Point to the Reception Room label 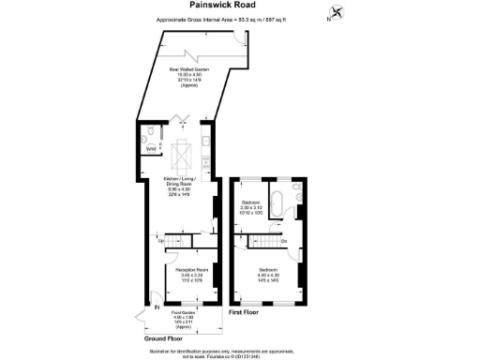coord(191,275)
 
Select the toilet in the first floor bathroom coord(296,190)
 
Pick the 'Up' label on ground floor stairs coord(162,241)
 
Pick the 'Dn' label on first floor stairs coord(284,241)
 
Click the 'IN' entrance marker coord(157,306)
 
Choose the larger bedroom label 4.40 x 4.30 coord(268,274)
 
